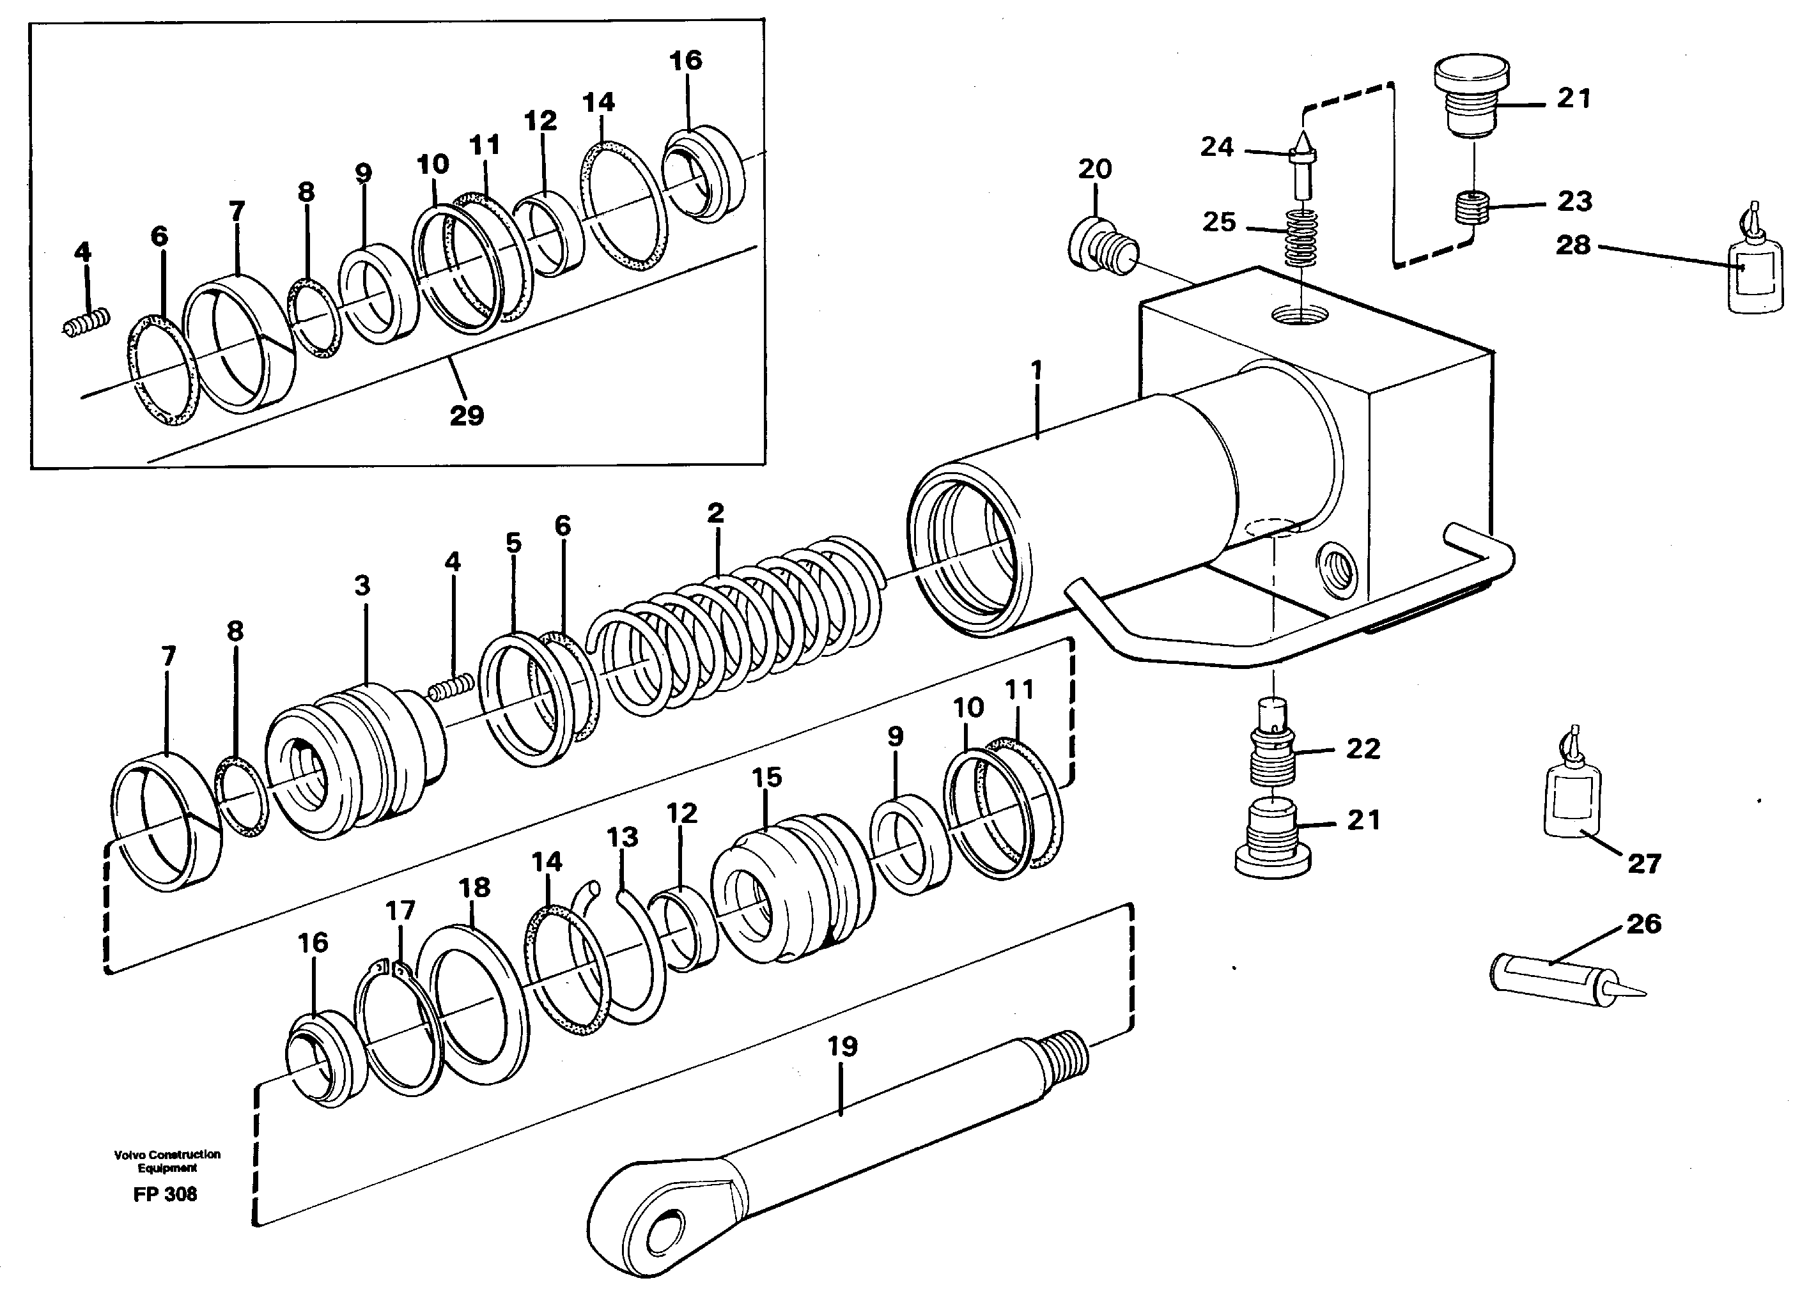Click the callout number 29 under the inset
pyautogui.click(x=467, y=415)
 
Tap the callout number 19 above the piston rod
pyautogui.click(x=842, y=1046)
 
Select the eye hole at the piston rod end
pyautogui.click(x=662, y=1232)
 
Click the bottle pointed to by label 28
pyautogui.click(x=1753, y=275)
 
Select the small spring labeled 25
pyautogui.click(x=1301, y=237)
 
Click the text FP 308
pyautogui.click(x=165, y=1194)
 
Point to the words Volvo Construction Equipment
pyautogui.click(x=167, y=1160)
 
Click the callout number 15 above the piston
pyautogui.click(x=766, y=777)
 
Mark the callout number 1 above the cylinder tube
pyautogui.click(x=1036, y=370)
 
